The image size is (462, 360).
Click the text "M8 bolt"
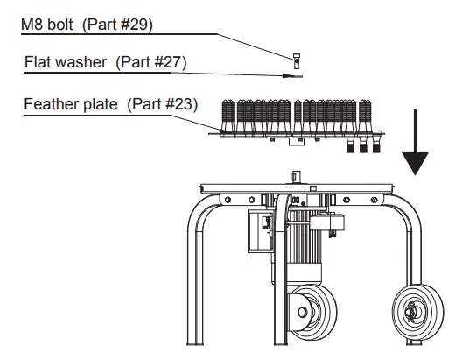(47, 25)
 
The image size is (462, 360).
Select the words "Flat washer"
(66, 62)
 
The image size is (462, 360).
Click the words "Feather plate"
(71, 104)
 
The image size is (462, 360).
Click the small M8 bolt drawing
(297, 61)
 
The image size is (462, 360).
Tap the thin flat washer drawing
(296, 77)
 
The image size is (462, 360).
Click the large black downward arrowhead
(415, 163)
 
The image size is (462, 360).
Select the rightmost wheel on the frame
(417, 312)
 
